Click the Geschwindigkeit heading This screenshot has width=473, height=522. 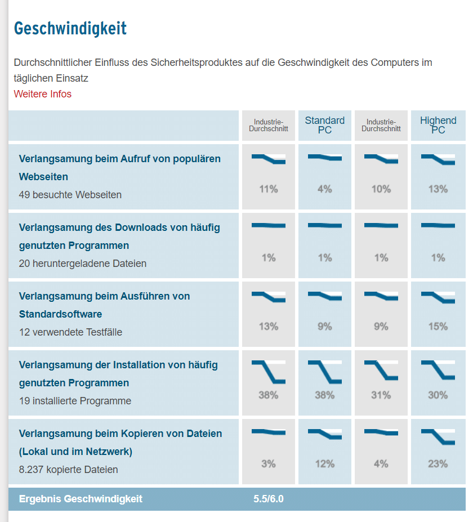tap(70, 28)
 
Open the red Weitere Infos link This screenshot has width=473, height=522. tap(43, 94)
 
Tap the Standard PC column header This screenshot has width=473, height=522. tap(325, 125)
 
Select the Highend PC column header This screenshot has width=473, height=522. tap(438, 125)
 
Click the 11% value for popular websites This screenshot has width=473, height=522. tap(269, 189)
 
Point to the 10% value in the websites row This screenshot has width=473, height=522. tap(381, 189)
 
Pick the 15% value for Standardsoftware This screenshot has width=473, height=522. tap(438, 327)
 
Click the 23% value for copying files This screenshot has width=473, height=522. tap(438, 464)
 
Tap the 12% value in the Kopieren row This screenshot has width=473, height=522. tap(325, 464)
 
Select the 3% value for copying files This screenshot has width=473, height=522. tap(269, 464)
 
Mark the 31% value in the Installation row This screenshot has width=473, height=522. tap(381, 395)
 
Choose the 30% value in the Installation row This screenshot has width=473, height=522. tap(438, 395)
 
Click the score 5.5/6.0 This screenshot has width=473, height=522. tap(269, 499)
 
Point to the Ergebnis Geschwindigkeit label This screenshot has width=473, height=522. tap(81, 499)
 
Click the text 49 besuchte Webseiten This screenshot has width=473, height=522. tap(70, 195)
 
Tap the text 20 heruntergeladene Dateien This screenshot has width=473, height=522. tap(83, 264)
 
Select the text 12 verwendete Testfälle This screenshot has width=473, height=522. tap(70, 332)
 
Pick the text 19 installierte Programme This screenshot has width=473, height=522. tap(75, 401)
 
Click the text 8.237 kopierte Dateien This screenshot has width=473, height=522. tap(69, 470)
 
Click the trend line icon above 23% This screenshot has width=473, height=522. tap(438, 436)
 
